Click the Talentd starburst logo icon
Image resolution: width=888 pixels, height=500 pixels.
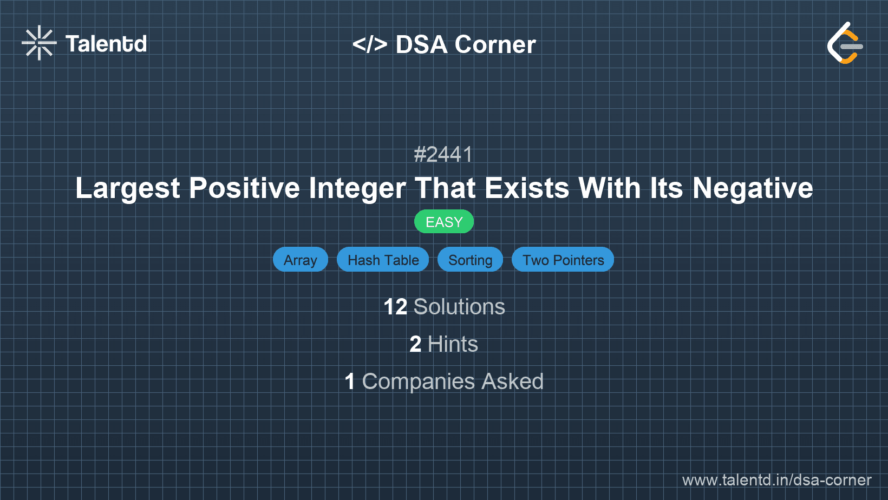click(39, 43)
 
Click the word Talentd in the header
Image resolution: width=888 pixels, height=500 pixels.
click(106, 44)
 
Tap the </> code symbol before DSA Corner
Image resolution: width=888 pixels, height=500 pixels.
click(369, 44)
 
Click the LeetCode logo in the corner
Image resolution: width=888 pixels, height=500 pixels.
click(845, 43)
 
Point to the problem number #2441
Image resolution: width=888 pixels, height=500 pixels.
click(443, 155)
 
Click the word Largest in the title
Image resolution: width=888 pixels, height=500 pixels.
click(127, 188)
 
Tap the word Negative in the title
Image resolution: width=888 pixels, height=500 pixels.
click(753, 188)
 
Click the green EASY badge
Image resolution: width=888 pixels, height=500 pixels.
click(444, 222)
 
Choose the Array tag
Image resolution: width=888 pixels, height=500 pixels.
click(301, 260)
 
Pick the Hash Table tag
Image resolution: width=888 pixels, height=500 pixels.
click(383, 260)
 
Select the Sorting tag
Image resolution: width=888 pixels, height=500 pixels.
click(470, 260)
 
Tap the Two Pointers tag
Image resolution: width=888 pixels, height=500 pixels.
click(563, 260)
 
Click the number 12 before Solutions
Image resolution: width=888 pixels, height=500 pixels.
click(395, 307)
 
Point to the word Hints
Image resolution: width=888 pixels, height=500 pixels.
click(453, 344)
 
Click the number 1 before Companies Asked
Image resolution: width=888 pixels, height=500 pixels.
click(350, 381)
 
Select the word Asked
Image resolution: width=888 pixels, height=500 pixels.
click(512, 381)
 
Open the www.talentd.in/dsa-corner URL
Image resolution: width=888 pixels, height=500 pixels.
click(776, 480)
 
